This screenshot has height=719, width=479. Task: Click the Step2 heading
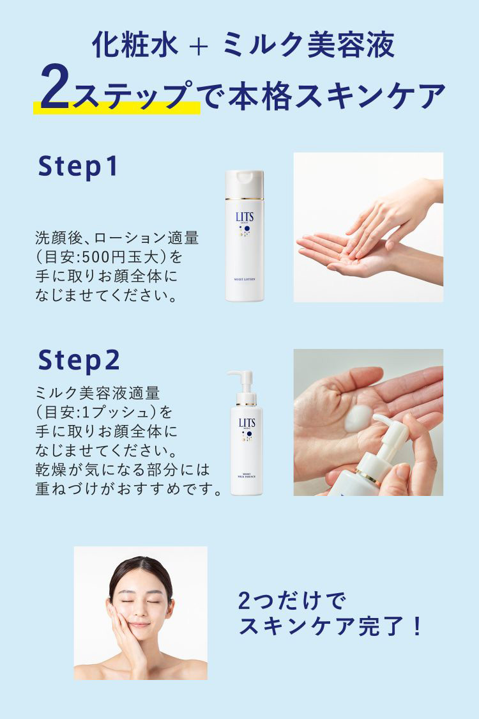(79, 360)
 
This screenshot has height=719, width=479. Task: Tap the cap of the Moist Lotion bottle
(244, 182)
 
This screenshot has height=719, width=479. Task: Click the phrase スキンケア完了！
(330, 627)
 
